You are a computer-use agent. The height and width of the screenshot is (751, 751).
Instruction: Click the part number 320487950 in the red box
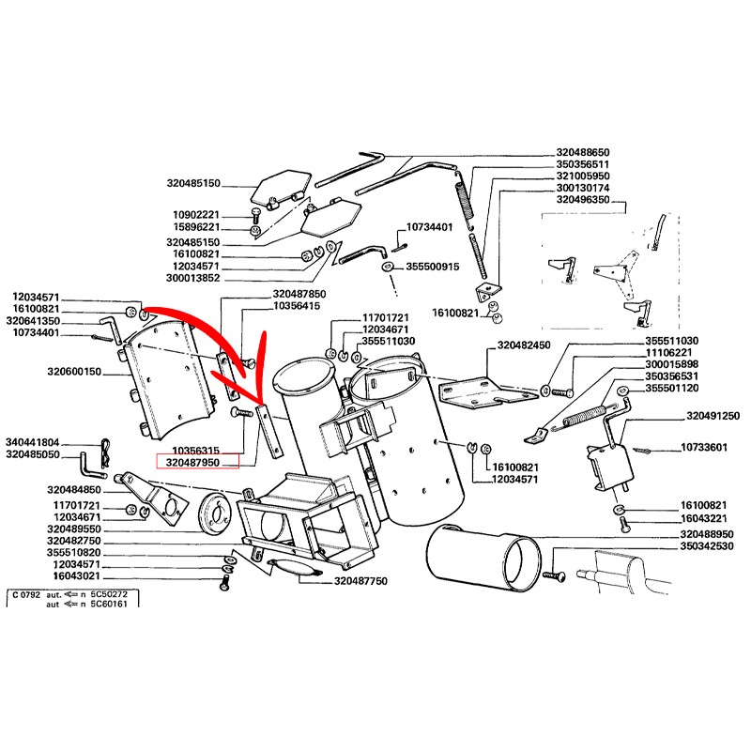click(x=192, y=463)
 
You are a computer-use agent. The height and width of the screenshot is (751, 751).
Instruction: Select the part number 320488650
click(x=583, y=152)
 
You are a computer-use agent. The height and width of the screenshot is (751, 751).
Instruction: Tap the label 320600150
click(x=74, y=371)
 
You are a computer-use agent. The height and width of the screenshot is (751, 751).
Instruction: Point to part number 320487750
click(x=360, y=581)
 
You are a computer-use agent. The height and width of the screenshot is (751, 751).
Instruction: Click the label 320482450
click(x=524, y=345)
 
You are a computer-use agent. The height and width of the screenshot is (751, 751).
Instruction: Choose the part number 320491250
click(x=713, y=416)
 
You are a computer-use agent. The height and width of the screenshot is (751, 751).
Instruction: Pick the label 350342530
click(x=707, y=546)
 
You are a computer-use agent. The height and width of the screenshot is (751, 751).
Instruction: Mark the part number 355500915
click(x=433, y=267)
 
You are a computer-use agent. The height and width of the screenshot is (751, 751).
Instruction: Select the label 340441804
click(x=33, y=442)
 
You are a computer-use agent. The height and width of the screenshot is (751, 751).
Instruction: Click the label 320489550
click(x=74, y=529)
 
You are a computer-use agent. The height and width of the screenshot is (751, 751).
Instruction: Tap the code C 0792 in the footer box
click(x=26, y=595)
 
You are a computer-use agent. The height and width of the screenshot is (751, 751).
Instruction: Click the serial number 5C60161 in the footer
click(x=109, y=604)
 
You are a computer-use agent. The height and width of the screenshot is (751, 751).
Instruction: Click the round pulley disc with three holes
click(x=216, y=512)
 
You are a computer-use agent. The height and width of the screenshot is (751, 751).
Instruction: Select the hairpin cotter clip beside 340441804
click(x=106, y=452)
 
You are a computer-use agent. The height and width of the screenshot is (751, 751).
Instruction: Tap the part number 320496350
click(x=583, y=200)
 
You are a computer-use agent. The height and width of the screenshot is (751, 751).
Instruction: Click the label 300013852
click(x=193, y=278)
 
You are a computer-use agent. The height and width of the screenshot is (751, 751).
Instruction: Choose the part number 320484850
click(x=74, y=489)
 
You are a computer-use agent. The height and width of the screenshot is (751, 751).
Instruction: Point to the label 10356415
click(x=297, y=306)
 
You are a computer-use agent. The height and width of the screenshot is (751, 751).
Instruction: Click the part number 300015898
click(x=671, y=364)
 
